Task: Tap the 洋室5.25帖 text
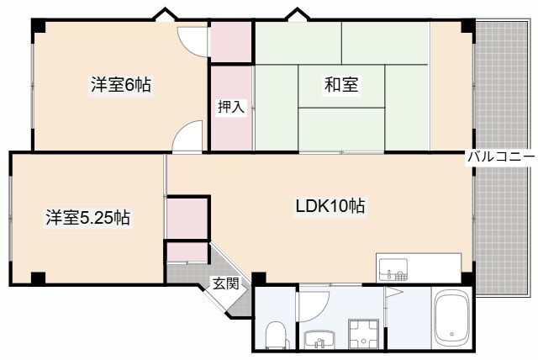click(x=87, y=218)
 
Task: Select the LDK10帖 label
click(x=330, y=206)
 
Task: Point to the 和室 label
click(x=341, y=85)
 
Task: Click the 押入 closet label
click(x=231, y=107)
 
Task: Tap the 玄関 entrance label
click(x=224, y=283)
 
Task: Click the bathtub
click(x=455, y=320)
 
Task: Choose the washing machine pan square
click(x=366, y=334)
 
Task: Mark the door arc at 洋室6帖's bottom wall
click(x=188, y=137)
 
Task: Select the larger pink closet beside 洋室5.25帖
click(x=187, y=218)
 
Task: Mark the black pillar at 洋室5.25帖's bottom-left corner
click(x=38, y=278)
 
